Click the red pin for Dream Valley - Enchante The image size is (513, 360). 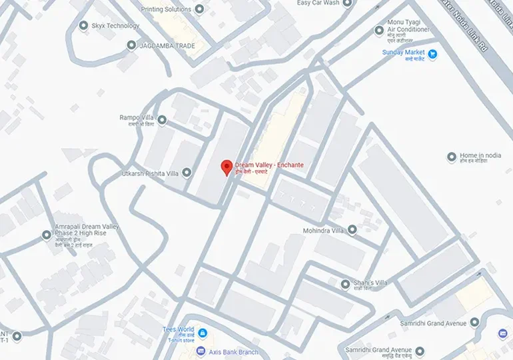tap(227, 167)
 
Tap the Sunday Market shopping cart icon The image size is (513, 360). tap(432, 53)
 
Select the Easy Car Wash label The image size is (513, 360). tap(318, 3)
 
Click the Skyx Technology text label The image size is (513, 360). tap(116, 26)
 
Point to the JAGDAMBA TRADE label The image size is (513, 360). tap(167, 45)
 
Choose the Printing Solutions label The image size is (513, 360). tap(166, 9)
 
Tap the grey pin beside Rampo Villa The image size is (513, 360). tap(162, 121)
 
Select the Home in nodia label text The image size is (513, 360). tap(480, 156)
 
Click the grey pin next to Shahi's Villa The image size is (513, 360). tap(345, 284)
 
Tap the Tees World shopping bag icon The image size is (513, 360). tap(202, 332)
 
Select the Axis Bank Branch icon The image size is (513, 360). tap(202, 352)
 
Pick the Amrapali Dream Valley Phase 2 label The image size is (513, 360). tap(87, 231)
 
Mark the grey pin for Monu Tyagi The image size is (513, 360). tap(379, 30)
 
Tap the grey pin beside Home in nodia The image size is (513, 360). tap(451, 157)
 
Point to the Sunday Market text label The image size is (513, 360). tap(403, 53)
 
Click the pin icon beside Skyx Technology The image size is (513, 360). tap(83, 26)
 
